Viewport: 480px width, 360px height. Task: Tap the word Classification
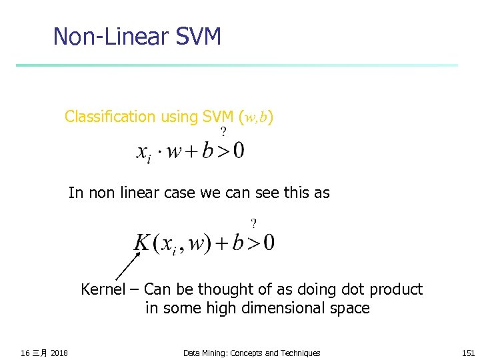[x=109, y=117]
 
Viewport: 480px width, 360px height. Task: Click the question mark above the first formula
[x=223, y=131]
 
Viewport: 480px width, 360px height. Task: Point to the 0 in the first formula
[x=238, y=151]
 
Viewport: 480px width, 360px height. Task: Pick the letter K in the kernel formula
[x=143, y=241]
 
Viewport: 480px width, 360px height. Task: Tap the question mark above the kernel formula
[x=253, y=223]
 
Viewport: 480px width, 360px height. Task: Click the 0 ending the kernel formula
[x=268, y=242]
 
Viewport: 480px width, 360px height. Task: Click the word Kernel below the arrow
[x=103, y=289]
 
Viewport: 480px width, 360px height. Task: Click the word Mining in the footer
[x=214, y=353]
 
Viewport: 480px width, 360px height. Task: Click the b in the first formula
[x=207, y=150]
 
